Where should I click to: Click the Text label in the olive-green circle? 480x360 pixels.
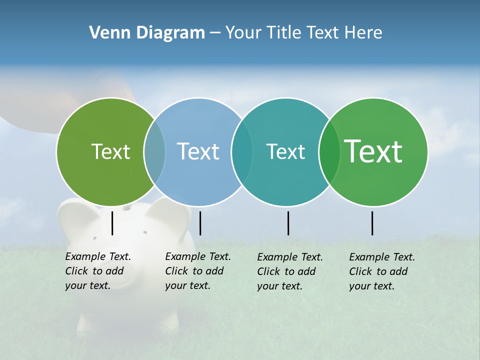coord(110,151)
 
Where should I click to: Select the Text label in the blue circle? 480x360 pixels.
coord(198,151)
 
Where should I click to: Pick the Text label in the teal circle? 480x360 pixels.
coord(285,151)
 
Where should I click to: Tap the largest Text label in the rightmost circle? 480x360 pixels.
coord(373,151)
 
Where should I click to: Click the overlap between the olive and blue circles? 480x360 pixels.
coord(154,151)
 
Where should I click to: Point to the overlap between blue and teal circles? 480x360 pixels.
coord(242,151)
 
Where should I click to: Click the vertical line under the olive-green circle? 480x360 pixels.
coord(112,223)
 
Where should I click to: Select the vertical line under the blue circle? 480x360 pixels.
coord(200,223)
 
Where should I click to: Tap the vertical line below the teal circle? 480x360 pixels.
coord(288,223)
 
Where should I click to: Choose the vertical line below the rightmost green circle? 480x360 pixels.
coord(372,223)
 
